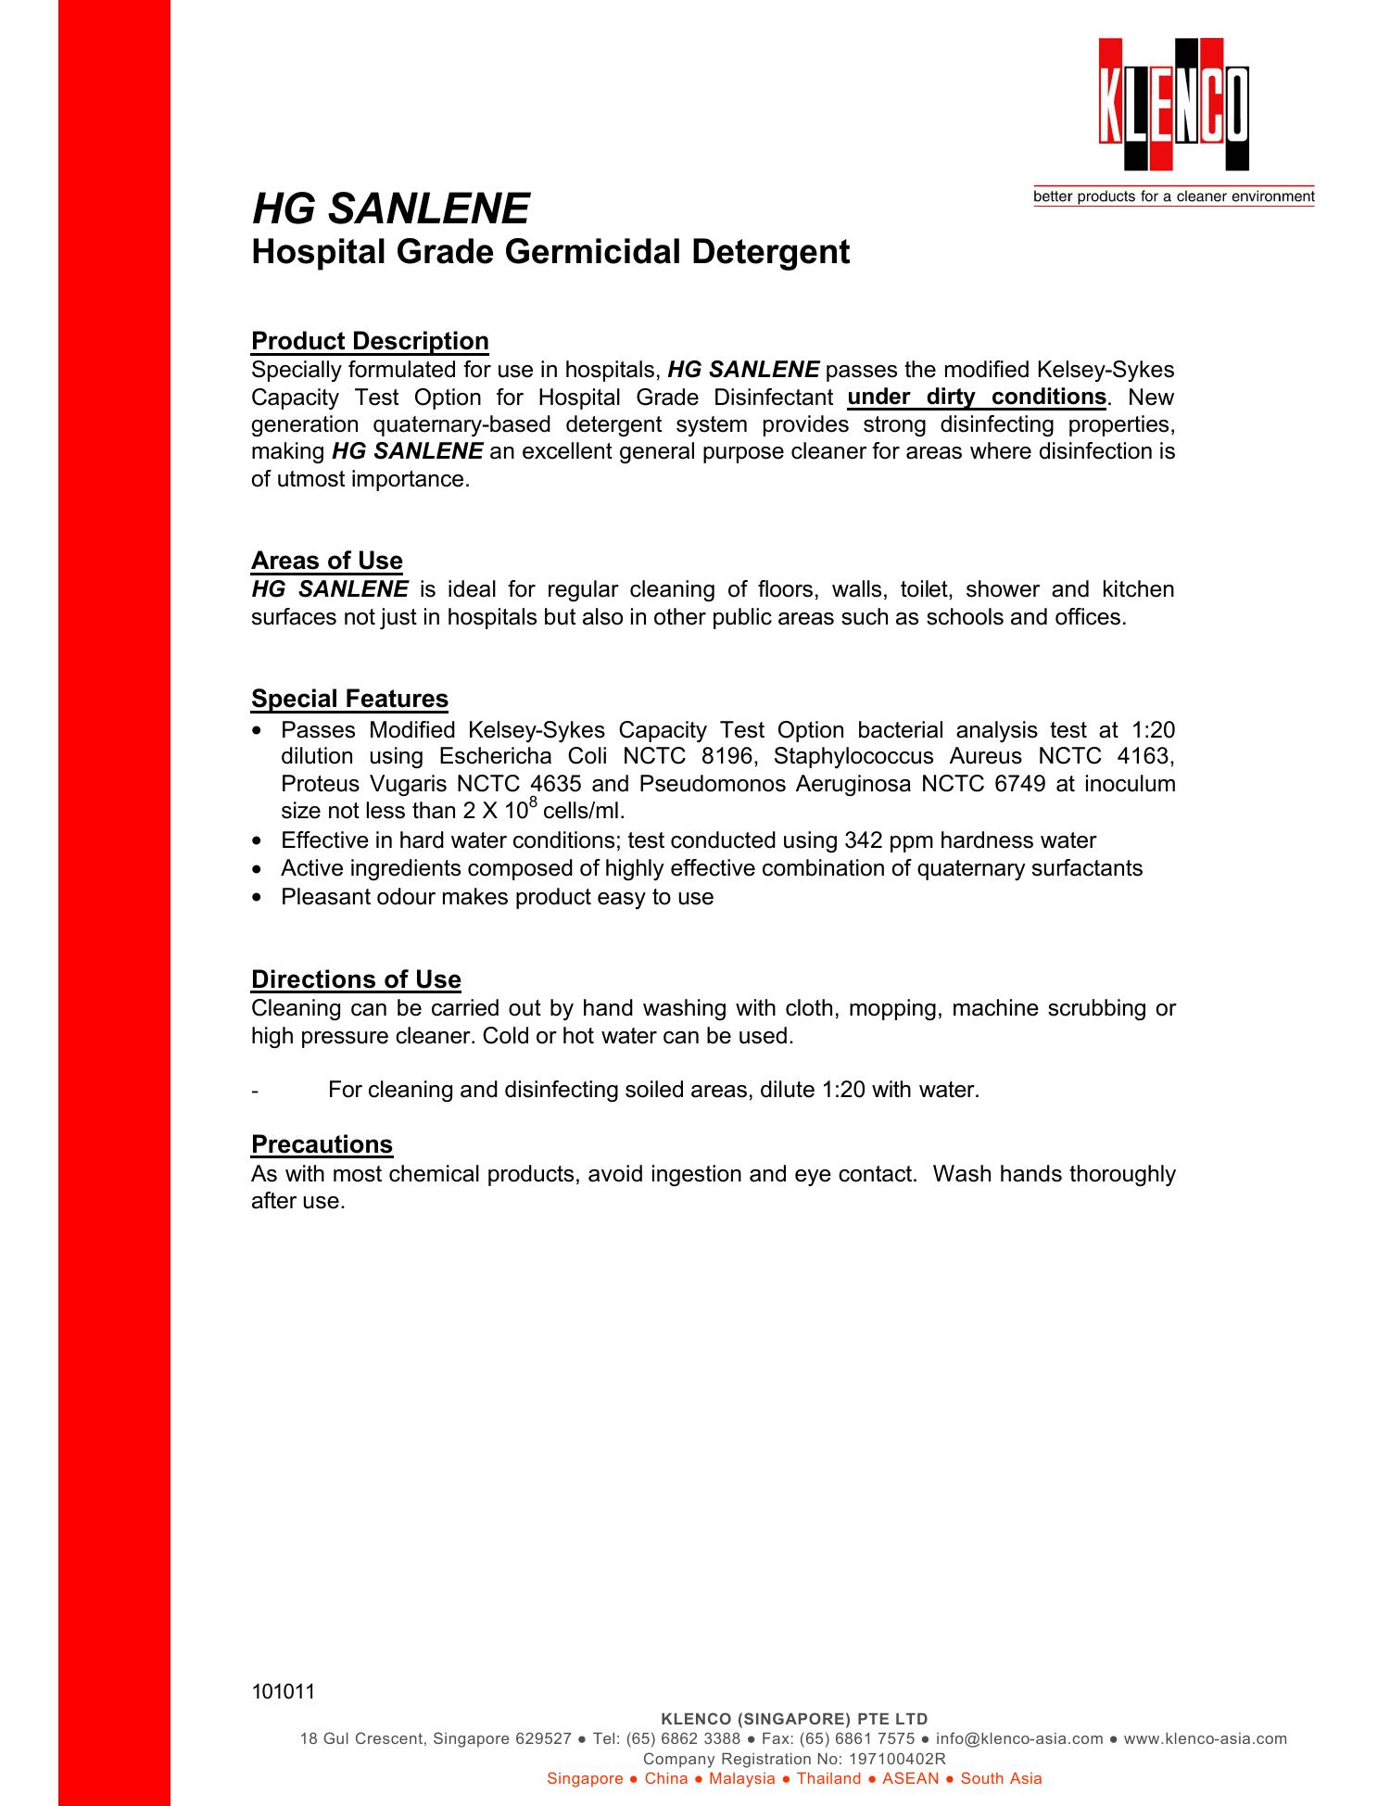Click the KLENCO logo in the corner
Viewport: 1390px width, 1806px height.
1174,105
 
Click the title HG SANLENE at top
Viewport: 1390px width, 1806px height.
390,208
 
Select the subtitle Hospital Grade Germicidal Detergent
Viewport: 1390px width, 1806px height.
550,251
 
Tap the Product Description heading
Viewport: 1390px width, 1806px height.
370,341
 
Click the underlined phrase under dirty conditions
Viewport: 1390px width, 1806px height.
977,398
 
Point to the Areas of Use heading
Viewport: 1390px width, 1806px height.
326,561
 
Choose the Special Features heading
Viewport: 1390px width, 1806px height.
349,699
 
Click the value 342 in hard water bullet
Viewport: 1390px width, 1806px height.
865,840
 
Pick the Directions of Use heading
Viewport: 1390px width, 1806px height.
356,979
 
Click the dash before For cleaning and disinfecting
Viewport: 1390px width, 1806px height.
255,1091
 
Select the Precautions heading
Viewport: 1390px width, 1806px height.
322,1144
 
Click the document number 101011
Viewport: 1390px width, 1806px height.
284,1692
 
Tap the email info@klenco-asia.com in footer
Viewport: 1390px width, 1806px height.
1019,1738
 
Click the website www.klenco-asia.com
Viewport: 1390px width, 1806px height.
1205,1738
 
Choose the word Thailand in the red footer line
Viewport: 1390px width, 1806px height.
828,1778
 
